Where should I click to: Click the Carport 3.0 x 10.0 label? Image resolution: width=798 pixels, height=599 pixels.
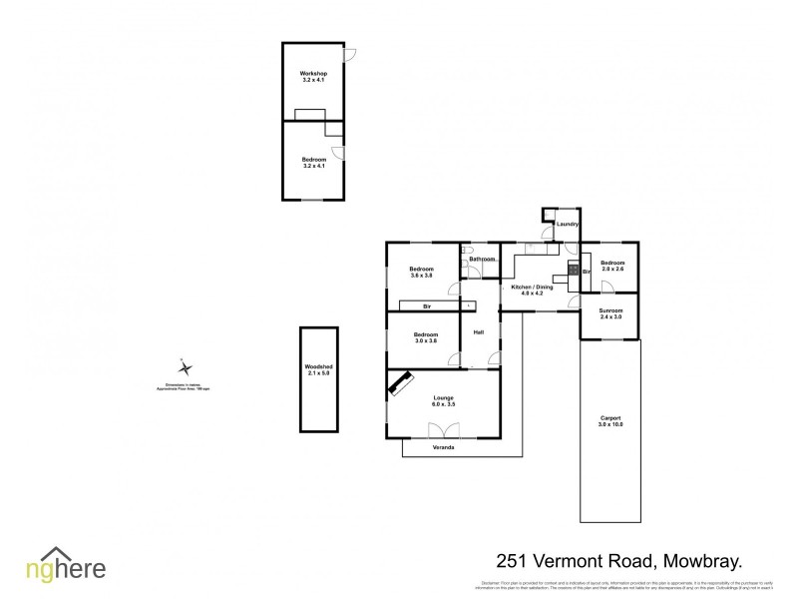pos(609,421)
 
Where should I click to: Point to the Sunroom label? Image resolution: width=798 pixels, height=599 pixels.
pos(609,312)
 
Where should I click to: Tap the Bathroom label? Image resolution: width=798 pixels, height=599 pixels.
pos(483,260)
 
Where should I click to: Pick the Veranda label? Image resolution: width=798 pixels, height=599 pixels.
pos(444,448)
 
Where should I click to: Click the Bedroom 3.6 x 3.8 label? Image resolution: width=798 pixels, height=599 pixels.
pos(422,273)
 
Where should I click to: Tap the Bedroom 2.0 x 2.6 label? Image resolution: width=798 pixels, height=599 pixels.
pos(611,266)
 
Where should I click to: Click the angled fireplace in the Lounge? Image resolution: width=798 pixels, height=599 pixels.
pos(403,383)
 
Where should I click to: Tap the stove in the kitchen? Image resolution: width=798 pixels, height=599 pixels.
pos(574,270)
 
